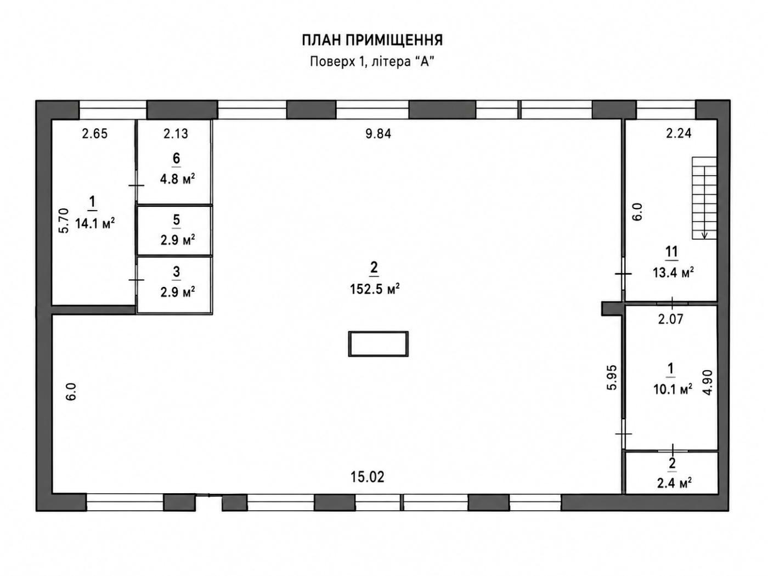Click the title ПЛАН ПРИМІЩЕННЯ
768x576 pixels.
click(x=372, y=40)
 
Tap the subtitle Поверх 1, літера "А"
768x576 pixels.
click(x=372, y=61)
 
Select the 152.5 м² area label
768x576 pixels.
click(x=374, y=289)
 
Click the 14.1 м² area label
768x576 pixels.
click(x=95, y=223)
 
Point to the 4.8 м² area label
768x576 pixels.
click(x=177, y=179)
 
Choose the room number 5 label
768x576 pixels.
click(x=176, y=220)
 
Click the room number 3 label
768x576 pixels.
click(x=176, y=272)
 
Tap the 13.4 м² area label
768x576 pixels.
click(x=673, y=273)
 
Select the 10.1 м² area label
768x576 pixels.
click(x=673, y=389)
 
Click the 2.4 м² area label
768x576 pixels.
click(x=674, y=483)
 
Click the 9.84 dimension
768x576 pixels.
click(x=378, y=134)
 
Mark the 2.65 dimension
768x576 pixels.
click(x=94, y=134)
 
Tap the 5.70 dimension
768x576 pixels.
click(x=64, y=221)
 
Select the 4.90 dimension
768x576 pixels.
click(x=708, y=382)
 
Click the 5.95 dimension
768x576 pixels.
click(x=612, y=378)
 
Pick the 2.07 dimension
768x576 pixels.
click(x=670, y=319)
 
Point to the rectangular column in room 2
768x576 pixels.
click(x=378, y=344)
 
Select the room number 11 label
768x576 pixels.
click(x=671, y=252)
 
